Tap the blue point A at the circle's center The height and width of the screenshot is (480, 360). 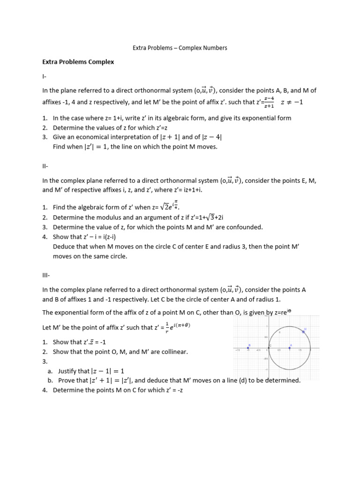[x=290, y=348]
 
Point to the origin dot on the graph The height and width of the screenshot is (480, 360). [x=269, y=348]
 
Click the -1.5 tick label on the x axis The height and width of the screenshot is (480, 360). [x=238, y=350]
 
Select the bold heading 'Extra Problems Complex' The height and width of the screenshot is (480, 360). [x=78, y=61]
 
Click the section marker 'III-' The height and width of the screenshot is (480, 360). [x=46, y=275]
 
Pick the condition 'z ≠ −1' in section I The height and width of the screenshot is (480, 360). [x=292, y=102]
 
